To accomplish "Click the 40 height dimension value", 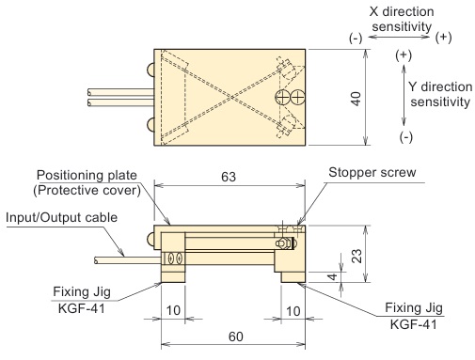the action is pyautogui.click(x=356, y=99).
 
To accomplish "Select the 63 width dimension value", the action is pyautogui.click(x=229, y=177).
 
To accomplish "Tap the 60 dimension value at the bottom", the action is pyautogui.click(x=236, y=337).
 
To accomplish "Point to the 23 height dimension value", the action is pyautogui.click(x=356, y=256).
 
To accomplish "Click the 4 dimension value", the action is pyautogui.click(x=333, y=276).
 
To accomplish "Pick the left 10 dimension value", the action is pyautogui.click(x=173, y=310).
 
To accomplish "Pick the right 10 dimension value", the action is pyautogui.click(x=293, y=311).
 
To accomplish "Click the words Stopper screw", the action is pyautogui.click(x=372, y=172).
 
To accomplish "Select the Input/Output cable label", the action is pyautogui.click(x=61, y=217).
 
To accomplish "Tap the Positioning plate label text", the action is pyautogui.click(x=87, y=176).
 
